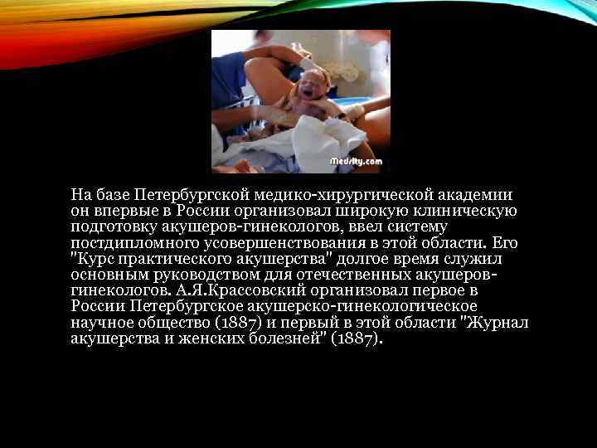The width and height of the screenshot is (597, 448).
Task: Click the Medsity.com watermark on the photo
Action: (x=356, y=161)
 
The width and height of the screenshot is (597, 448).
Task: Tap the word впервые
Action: (x=119, y=211)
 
